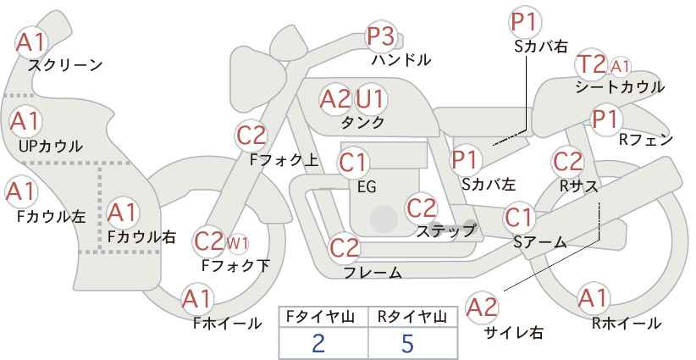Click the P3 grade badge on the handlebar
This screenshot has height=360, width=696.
381,36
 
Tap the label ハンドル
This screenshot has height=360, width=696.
401,60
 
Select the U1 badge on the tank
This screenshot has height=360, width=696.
371,99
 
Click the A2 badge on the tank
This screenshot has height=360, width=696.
335,99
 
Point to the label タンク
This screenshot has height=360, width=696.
362,122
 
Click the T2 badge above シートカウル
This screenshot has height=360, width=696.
591,64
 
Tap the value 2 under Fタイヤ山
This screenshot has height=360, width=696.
318,343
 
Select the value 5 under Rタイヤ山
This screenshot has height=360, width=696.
407,343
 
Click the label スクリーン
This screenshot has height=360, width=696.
65,65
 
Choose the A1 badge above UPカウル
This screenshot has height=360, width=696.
25,122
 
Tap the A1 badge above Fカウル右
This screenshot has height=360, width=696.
123,213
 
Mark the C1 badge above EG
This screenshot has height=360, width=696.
353,163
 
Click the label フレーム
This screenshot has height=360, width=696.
373,272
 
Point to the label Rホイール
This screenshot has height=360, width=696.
627,324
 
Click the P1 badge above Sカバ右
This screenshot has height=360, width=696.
526,22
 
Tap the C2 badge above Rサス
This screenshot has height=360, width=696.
567,162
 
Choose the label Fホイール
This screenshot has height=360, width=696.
227,324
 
